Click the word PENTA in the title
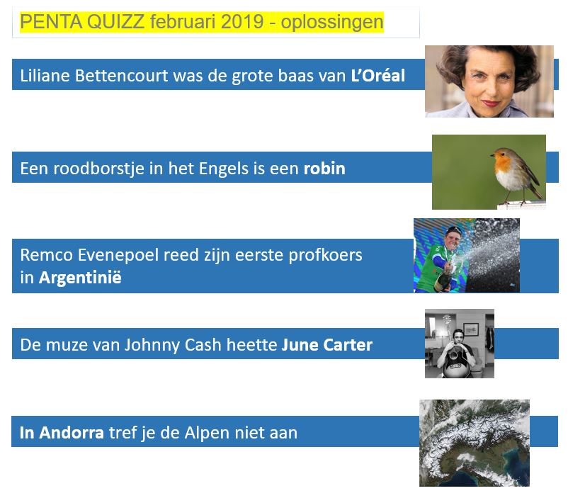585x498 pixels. (x=51, y=22)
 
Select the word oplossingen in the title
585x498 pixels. (x=332, y=23)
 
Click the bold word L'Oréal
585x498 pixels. (x=378, y=75)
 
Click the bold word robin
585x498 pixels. (x=324, y=168)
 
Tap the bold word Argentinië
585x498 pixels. (x=80, y=278)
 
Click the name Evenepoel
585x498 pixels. (x=118, y=256)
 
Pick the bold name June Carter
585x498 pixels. (x=326, y=345)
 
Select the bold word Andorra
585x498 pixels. (x=72, y=433)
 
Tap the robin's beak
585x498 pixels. (x=492, y=154)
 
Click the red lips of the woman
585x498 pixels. (x=490, y=103)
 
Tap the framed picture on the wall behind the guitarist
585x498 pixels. (x=471, y=329)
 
